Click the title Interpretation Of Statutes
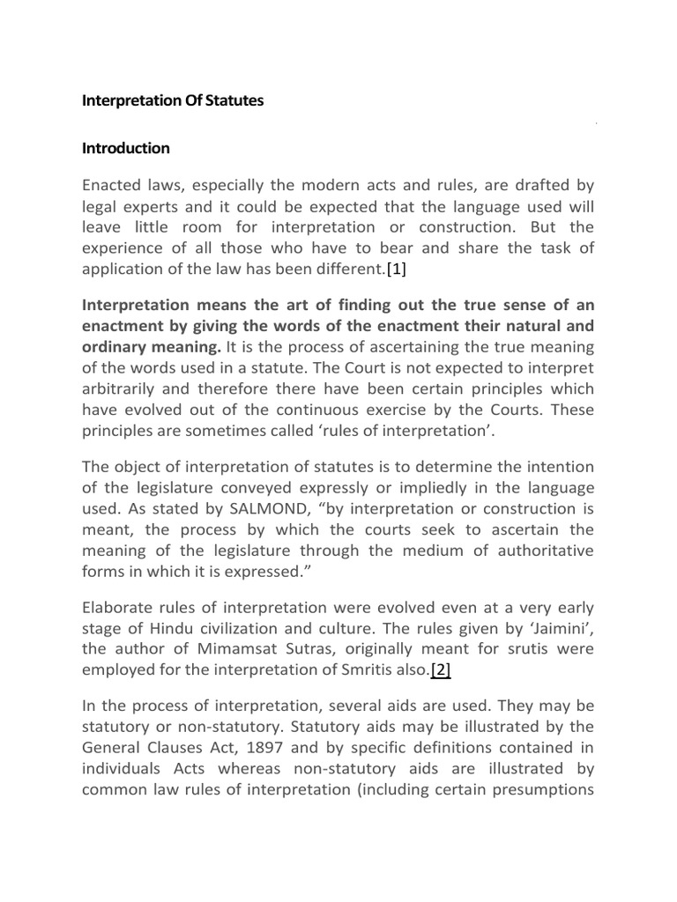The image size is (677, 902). [x=173, y=101]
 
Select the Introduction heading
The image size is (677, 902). [x=125, y=148]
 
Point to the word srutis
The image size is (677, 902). [x=514, y=649]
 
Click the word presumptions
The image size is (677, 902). [x=546, y=789]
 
